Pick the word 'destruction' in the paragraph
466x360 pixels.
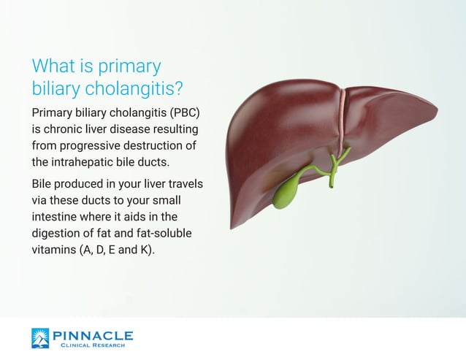pyautogui.click(x=165, y=146)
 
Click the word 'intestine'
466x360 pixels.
pyautogui.click(x=56, y=217)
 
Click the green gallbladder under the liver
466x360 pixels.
pyautogui.click(x=287, y=194)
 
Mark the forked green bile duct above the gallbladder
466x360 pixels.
pyautogui.click(x=335, y=162)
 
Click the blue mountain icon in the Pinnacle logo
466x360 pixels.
pyautogui.click(x=42, y=338)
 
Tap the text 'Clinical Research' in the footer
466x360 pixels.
pyautogui.click(x=95, y=345)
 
